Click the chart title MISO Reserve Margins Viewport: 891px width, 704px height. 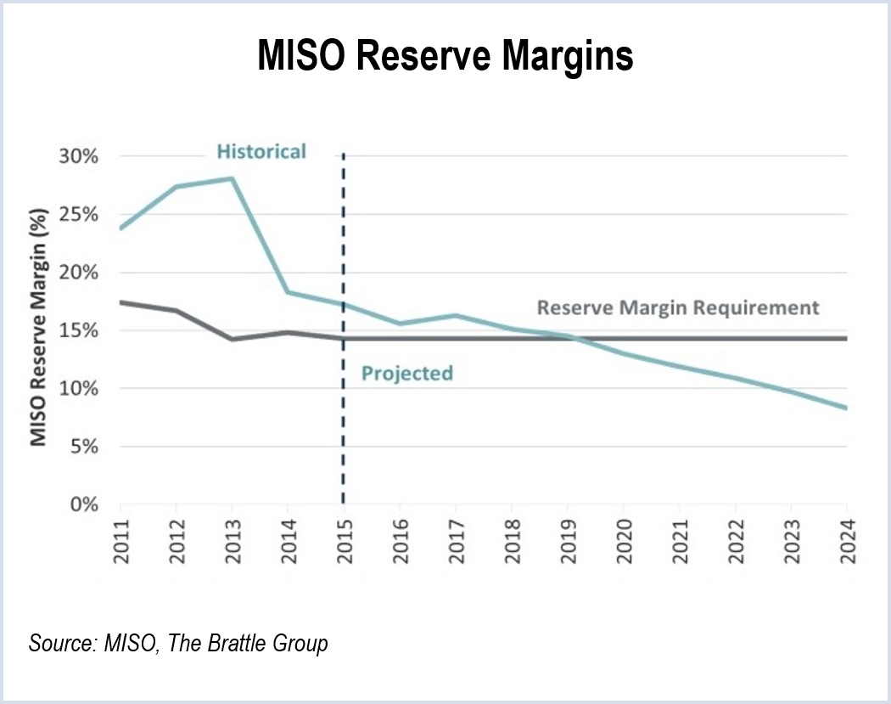tap(445, 57)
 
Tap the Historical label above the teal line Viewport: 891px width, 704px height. tap(261, 152)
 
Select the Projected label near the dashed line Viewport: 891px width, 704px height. tap(407, 373)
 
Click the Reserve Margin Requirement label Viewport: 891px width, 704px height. tap(678, 307)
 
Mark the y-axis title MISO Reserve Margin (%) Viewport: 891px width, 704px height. tap(38, 331)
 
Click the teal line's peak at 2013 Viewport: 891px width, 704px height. tap(232, 178)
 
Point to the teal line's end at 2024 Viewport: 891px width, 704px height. tap(846, 408)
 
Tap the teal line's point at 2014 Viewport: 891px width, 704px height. tap(288, 292)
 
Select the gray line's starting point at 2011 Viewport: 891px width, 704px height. tap(120, 302)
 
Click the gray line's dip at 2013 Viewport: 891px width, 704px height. tap(232, 339)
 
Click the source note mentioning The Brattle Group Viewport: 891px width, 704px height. tap(178, 643)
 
